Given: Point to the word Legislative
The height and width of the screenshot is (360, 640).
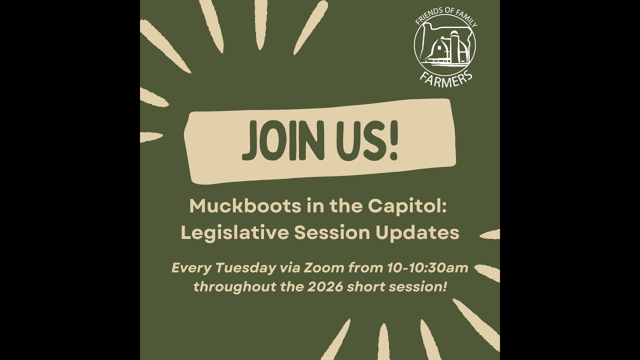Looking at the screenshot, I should click(234, 232).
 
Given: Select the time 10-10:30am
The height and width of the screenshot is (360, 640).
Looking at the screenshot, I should click(427, 268).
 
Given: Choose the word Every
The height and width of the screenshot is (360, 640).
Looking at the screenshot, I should click(191, 268).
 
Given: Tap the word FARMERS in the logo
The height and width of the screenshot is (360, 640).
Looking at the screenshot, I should click(446, 78).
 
